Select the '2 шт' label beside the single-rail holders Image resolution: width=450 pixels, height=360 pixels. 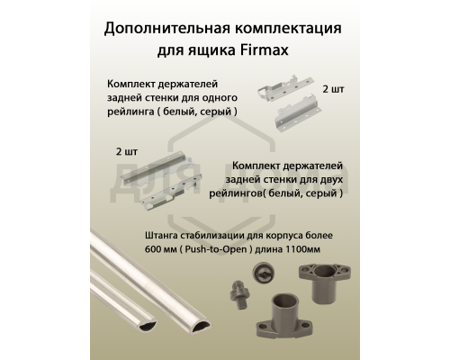click(334, 92)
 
